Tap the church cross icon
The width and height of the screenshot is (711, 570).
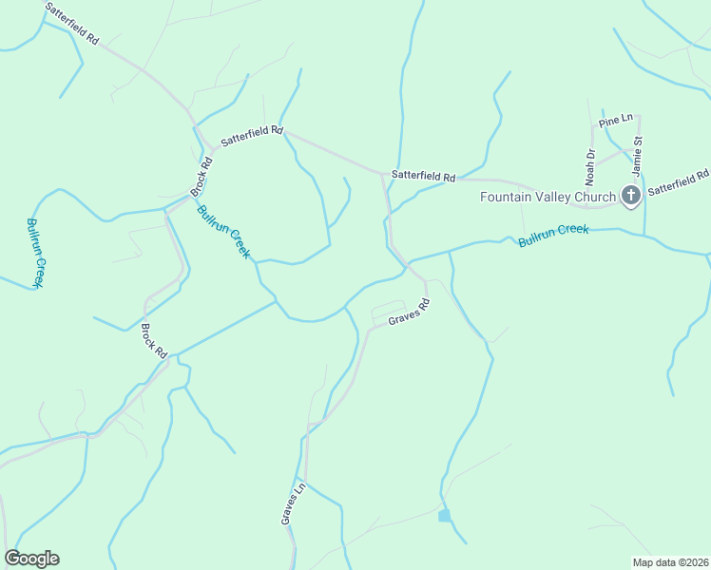629,197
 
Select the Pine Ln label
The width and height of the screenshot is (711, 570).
616,119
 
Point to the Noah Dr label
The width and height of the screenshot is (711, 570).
589,166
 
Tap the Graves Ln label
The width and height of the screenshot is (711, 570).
292,503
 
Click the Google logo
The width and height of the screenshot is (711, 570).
31,559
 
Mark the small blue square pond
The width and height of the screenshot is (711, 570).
444,515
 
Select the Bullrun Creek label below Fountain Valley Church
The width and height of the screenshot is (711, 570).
554,236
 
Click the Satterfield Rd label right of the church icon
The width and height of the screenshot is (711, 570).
679,182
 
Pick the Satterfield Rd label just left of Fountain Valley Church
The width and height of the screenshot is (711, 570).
424,176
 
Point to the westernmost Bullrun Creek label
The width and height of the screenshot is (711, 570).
36,253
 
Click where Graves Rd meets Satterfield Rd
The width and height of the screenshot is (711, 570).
383,175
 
